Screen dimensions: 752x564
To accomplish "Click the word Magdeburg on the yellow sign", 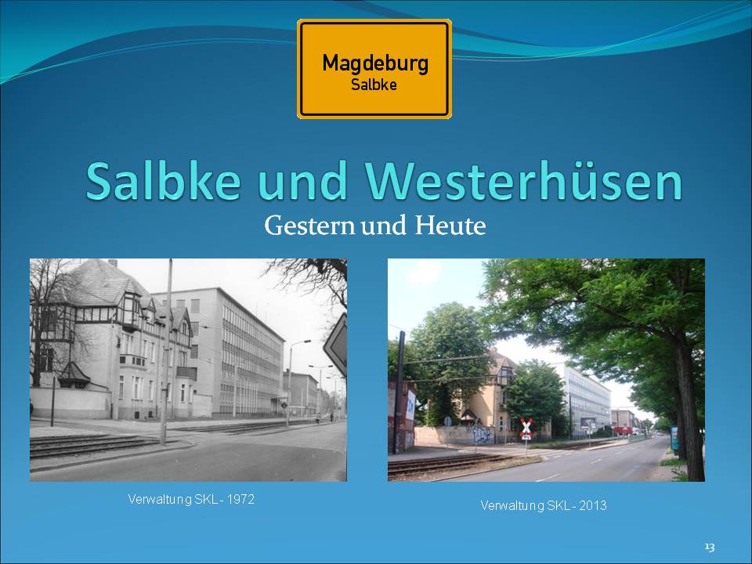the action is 375,64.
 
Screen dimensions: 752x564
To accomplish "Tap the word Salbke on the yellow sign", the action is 374,85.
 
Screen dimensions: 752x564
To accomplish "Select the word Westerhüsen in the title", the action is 524,181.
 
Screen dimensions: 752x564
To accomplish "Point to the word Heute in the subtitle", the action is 450,226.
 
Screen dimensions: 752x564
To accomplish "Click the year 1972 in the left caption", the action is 240,499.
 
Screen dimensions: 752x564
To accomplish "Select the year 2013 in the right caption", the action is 593,505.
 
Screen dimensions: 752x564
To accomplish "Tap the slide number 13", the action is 710,548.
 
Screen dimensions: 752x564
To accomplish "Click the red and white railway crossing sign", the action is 526,428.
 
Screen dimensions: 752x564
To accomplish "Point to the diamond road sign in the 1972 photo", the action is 336,344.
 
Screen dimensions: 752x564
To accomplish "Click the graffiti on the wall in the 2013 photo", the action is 482,435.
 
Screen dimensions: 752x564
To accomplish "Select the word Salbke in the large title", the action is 163,181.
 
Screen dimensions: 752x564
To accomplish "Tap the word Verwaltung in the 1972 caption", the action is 160,499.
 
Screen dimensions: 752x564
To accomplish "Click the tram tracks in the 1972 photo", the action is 91,445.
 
